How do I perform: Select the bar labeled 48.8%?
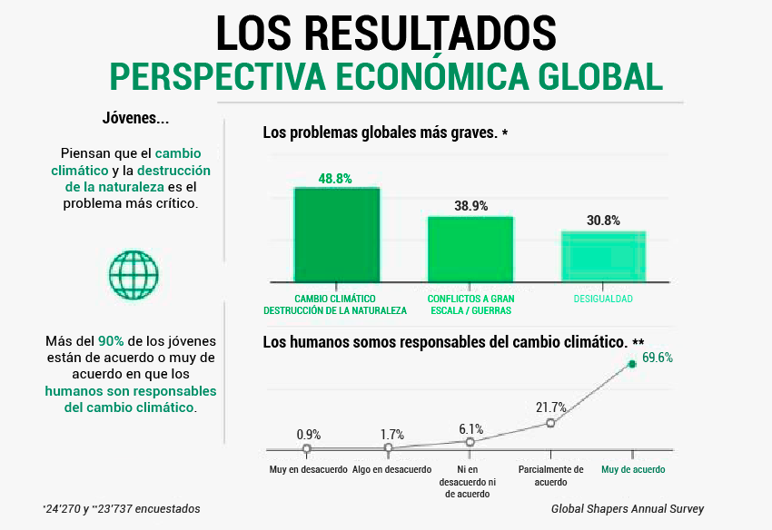[x=336, y=234]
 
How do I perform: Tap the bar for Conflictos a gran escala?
[x=470, y=249]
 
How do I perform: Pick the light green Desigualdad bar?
[x=603, y=256]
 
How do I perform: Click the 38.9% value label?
[x=470, y=206]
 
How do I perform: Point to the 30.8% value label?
[x=603, y=221]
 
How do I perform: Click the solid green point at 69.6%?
[x=632, y=364]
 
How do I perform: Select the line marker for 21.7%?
[x=550, y=423]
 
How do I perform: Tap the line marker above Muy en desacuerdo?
[x=307, y=448]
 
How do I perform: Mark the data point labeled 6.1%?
[x=470, y=442]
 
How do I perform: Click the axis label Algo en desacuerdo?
[x=392, y=470]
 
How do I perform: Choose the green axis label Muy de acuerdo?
[x=633, y=470]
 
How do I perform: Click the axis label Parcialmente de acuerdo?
[x=550, y=476]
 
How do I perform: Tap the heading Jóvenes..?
[x=135, y=119]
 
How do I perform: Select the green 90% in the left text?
[x=111, y=342]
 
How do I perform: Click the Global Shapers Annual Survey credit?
[x=627, y=509]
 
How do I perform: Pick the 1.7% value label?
[x=392, y=436]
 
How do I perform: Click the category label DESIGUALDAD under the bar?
[x=603, y=299]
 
